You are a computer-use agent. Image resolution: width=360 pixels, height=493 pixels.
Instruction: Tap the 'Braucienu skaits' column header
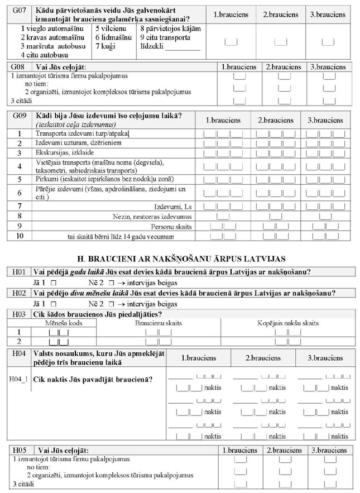pos(158,323)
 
